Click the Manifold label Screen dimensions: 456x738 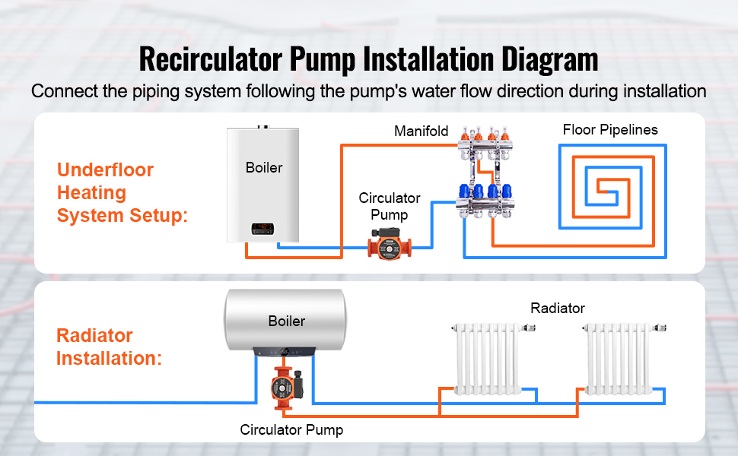(421, 131)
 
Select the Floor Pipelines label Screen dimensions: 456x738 (610, 130)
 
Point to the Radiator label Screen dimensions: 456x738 (558, 308)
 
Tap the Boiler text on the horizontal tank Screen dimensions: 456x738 (286, 321)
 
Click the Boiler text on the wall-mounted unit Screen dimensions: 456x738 (264, 167)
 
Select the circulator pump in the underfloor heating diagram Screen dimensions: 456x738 (389, 246)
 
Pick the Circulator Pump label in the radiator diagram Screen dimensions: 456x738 (291, 430)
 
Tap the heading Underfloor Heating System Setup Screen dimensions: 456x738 (122, 193)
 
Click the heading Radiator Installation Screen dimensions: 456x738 (109, 347)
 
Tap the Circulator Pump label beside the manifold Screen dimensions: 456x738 (390, 206)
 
